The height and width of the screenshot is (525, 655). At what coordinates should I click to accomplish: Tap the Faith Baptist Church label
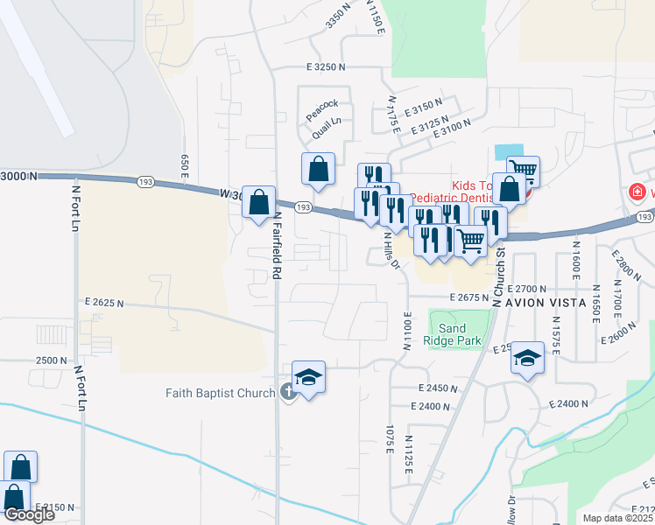pyautogui.click(x=221, y=393)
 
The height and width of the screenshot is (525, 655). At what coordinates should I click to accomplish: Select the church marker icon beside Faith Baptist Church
pyautogui.click(x=289, y=393)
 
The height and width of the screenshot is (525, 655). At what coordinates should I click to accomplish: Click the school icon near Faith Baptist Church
pyautogui.click(x=308, y=377)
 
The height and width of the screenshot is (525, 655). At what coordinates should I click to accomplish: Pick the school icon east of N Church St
pyautogui.click(x=526, y=358)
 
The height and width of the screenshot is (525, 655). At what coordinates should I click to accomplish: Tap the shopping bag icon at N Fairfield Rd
pyautogui.click(x=259, y=203)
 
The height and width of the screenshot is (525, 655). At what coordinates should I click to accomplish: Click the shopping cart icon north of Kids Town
pyautogui.click(x=523, y=169)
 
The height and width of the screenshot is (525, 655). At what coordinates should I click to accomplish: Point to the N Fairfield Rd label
pyautogui.click(x=277, y=245)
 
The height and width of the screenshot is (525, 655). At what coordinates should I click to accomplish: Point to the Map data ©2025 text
pyautogui.click(x=617, y=518)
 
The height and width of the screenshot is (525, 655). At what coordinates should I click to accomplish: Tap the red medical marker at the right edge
pyautogui.click(x=637, y=192)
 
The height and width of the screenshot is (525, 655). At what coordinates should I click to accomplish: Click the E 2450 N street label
pyautogui.click(x=439, y=388)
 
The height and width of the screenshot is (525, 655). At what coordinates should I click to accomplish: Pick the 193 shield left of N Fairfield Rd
pyautogui.click(x=145, y=181)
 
